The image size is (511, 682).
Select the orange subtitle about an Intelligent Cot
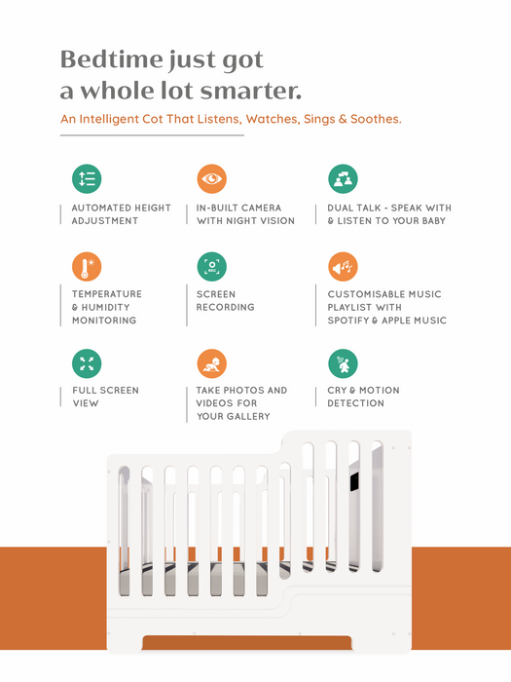click(231, 119)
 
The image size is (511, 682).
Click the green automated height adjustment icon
click(87, 178)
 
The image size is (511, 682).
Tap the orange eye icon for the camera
click(211, 178)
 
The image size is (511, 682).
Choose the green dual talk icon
click(343, 178)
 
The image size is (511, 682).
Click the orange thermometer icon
click(87, 266)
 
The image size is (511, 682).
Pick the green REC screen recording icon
click(211, 266)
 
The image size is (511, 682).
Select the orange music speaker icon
click(343, 266)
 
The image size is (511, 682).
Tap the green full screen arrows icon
click(87, 363)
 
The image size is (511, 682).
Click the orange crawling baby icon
click(211, 363)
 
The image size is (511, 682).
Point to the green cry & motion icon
click(343, 363)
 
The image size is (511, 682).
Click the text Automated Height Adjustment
click(121, 214)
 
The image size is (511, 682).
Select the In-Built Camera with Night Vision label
click(245, 214)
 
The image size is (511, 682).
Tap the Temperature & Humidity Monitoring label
click(106, 307)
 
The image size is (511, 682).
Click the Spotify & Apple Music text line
click(386, 321)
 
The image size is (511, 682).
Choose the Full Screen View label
click(105, 397)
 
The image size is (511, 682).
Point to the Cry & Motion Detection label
click(363, 397)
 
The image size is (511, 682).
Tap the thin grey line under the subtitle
click(152, 135)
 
